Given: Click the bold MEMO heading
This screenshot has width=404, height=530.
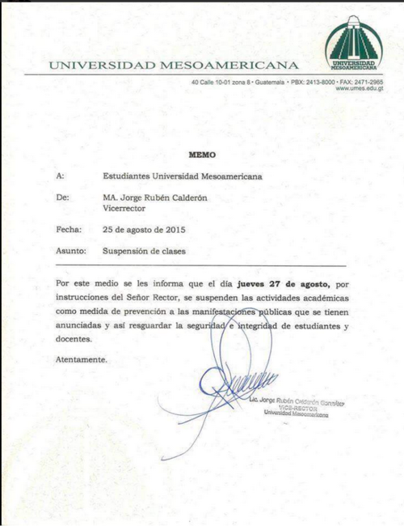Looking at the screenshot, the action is pos(202,153).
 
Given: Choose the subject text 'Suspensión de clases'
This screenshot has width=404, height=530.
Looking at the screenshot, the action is pos(144,252).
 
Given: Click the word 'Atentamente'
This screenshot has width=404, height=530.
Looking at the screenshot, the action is pos(81,359).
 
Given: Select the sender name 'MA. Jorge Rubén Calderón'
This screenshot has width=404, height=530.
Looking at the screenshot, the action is pos(155,197).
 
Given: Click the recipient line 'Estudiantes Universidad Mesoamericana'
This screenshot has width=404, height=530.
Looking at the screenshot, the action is pos(182,175).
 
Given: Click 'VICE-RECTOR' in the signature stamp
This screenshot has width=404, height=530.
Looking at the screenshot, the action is pos(297,409).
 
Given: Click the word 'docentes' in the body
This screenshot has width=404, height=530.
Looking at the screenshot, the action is pos(75,338).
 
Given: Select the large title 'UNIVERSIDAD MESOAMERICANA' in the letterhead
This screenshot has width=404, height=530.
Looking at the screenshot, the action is pos(172,65).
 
